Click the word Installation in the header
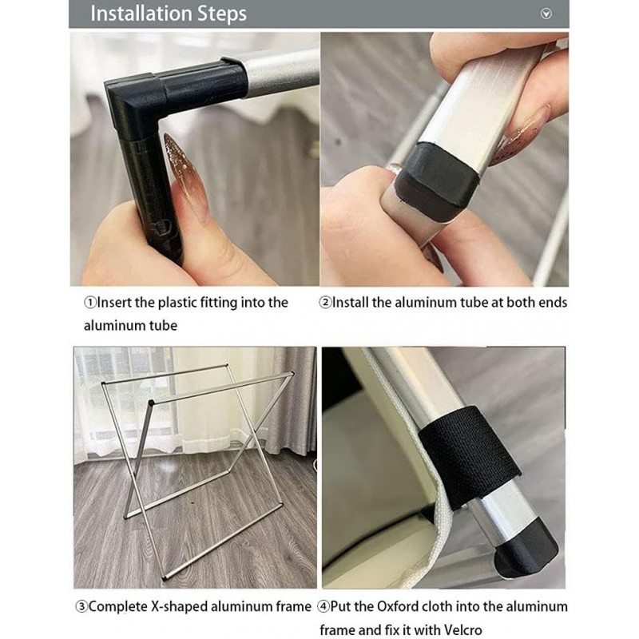[x=141, y=14]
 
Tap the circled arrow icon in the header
[x=546, y=14]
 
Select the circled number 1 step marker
[x=89, y=303]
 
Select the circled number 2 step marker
[x=325, y=303]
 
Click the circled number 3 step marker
[x=81, y=607]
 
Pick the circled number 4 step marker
[x=323, y=607]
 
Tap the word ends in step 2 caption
[x=550, y=303]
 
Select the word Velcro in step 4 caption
[x=462, y=630]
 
